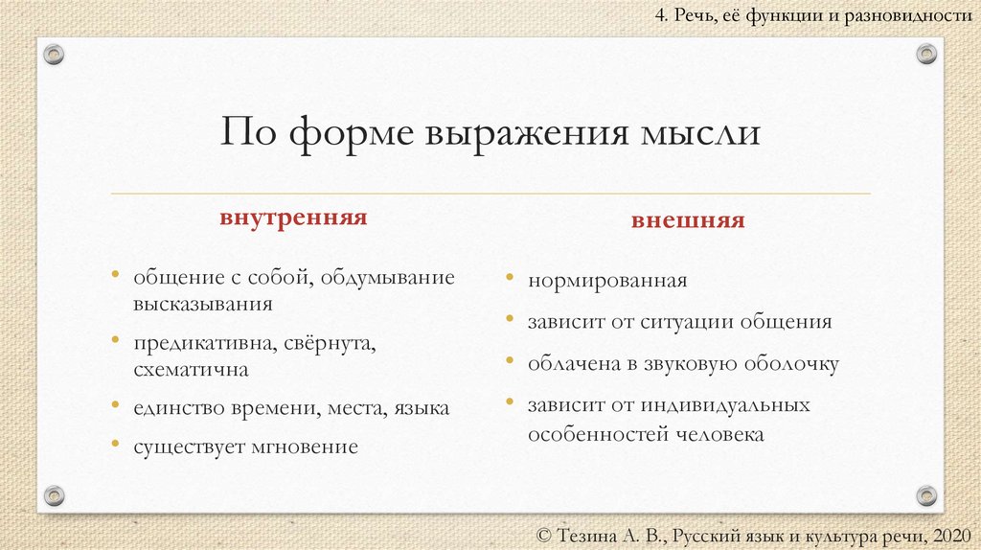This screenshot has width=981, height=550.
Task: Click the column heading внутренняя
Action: coord(294,218)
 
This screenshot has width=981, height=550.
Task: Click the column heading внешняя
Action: coord(687,220)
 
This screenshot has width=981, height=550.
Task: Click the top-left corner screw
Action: coord(55,54)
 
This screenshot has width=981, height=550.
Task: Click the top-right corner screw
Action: coord(926,54)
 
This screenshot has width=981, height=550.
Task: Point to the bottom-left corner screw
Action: coord(55,495)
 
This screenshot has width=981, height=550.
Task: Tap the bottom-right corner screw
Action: coord(926,495)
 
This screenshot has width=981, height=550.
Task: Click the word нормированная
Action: coord(607,282)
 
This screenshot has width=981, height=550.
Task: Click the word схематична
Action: coord(192,369)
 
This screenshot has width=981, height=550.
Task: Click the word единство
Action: coord(178,408)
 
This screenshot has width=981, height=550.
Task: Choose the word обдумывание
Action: coord(387,278)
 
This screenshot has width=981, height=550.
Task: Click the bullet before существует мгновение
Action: coord(115,446)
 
